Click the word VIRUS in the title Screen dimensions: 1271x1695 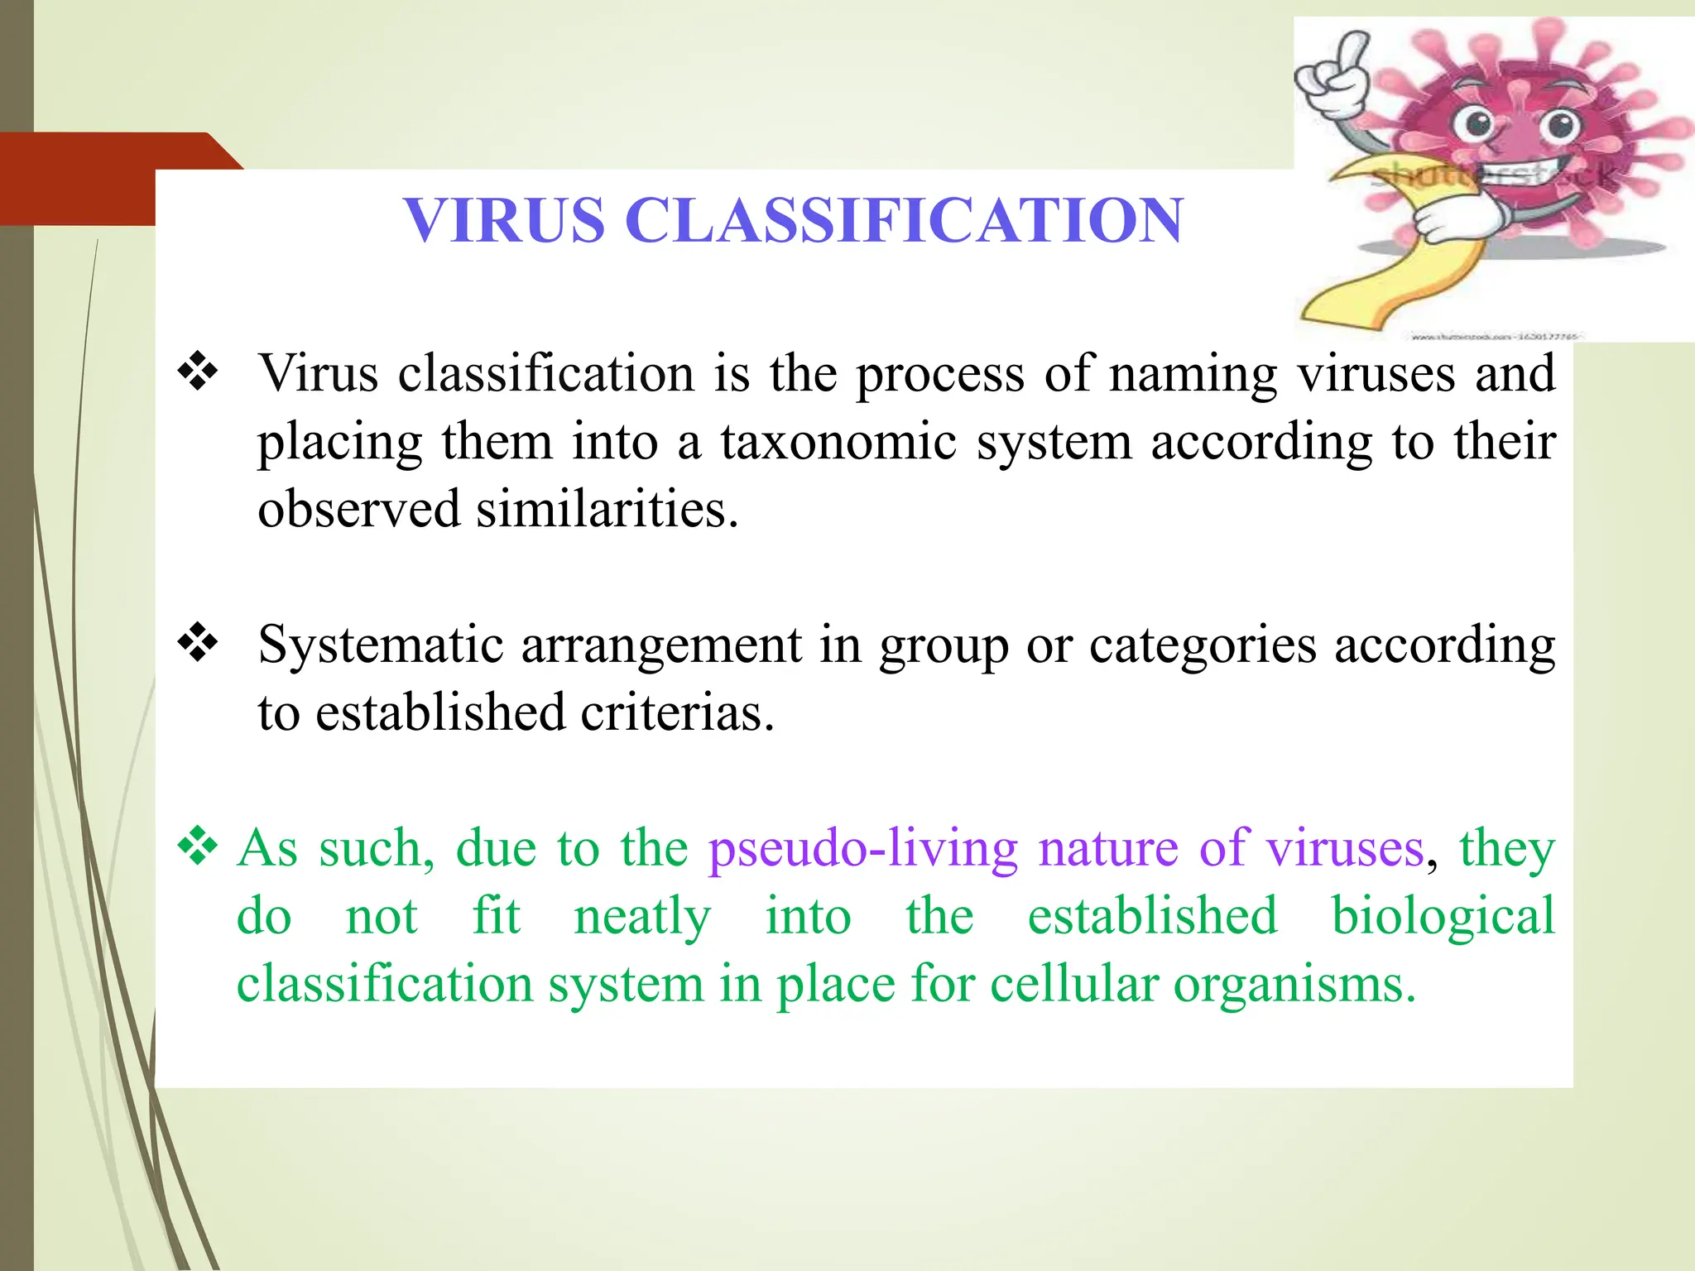click(504, 221)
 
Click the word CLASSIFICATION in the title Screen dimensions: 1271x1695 click(904, 221)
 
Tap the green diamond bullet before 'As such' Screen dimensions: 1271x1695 click(198, 847)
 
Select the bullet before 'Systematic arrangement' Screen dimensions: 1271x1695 click(198, 643)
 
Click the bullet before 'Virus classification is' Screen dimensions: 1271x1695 click(198, 372)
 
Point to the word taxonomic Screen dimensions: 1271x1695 click(838, 442)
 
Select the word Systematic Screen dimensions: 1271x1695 click(380, 645)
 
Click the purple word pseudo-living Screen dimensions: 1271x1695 click(862, 850)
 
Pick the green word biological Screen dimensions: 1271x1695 click(1443, 917)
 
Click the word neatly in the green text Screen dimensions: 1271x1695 click(641, 917)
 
